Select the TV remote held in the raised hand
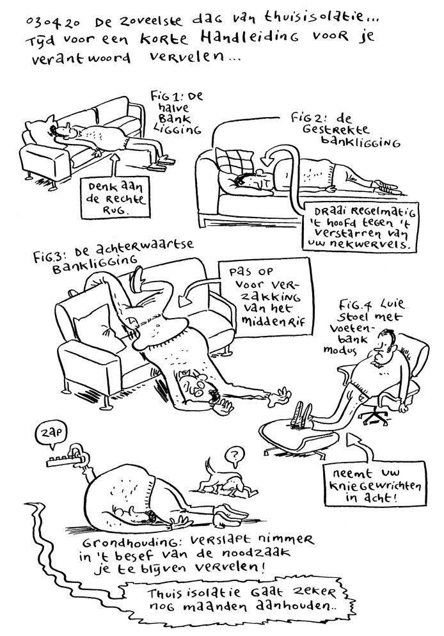pyautogui.click(x=62, y=461)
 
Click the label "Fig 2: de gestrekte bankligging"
pyautogui.click(x=345, y=129)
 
